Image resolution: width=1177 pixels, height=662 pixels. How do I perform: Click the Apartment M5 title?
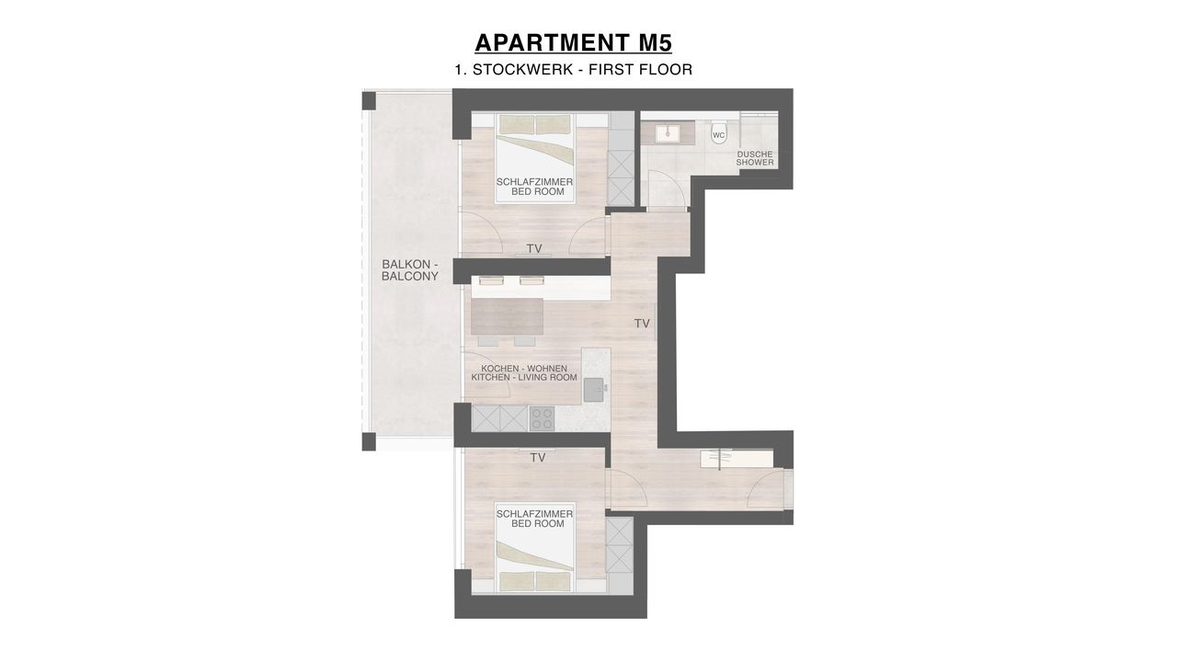click(573, 42)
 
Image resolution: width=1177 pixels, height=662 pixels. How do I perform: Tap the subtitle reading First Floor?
click(641, 69)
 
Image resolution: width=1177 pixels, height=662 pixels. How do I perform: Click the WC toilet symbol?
click(718, 133)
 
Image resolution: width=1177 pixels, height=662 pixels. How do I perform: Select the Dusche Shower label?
click(755, 158)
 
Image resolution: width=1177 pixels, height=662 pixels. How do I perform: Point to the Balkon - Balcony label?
click(410, 270)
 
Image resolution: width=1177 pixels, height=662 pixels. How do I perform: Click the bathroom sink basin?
click(668, 132)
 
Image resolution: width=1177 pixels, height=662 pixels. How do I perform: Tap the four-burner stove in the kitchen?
click(542, 418)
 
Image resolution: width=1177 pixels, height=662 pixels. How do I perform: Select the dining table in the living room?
click(507, 316)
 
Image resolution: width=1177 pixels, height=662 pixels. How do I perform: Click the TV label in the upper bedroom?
click(534, 248)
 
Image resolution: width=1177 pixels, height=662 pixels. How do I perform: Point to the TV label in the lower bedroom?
click(538, 458)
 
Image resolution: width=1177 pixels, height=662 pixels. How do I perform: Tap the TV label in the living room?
click(642, 324)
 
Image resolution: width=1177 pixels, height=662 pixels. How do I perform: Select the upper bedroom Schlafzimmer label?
click(535, 187)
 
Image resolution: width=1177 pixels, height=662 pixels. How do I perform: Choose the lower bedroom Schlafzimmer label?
click(535, 519)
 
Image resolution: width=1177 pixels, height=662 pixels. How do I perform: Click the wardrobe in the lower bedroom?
click(620, 545)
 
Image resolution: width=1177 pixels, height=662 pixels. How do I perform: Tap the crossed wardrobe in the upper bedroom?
click(621, 177)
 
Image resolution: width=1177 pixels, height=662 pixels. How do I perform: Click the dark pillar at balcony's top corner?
click(369, 101)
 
